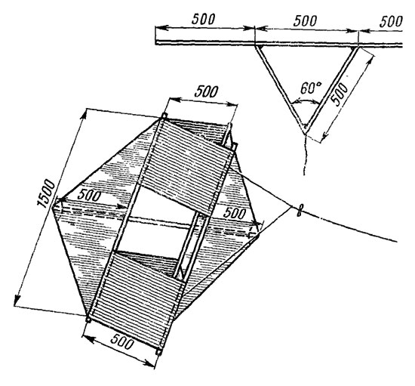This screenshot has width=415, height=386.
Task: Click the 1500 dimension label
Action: click(x=46, y=193)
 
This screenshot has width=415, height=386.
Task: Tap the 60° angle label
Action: click(x=311, y=88)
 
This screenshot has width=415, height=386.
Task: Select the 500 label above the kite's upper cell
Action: click(x=206, y=91)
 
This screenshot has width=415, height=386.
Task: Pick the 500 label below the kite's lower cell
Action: click(x=121, y=341)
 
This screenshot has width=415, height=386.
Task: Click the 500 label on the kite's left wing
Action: click(x=90, y=196)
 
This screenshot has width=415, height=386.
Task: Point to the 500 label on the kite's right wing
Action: click(x=235, y=213)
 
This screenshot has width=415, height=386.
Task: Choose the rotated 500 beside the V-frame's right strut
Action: click(x=340, y=94)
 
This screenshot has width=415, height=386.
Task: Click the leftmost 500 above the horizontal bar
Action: click(x=203, y=19)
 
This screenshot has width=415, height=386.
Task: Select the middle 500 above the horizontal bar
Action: click(x=305, y=20)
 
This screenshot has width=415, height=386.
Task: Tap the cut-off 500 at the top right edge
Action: click(x=391, y=21)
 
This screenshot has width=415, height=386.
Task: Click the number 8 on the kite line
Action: click(x=300, y=212)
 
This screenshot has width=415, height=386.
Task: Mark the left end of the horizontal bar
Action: click(x=155, y=42)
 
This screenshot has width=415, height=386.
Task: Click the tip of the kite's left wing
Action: click(x=54, y=205)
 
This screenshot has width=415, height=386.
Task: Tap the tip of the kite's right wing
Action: click(x=258, y=234)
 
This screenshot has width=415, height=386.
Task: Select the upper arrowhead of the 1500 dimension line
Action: click(x=85, y=113)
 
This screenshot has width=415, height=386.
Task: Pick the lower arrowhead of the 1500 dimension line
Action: click(x=17, y=301)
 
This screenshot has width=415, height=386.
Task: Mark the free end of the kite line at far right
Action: click(x=397, y=242)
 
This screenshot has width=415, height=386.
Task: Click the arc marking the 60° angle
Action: click(x=305, y=101)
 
